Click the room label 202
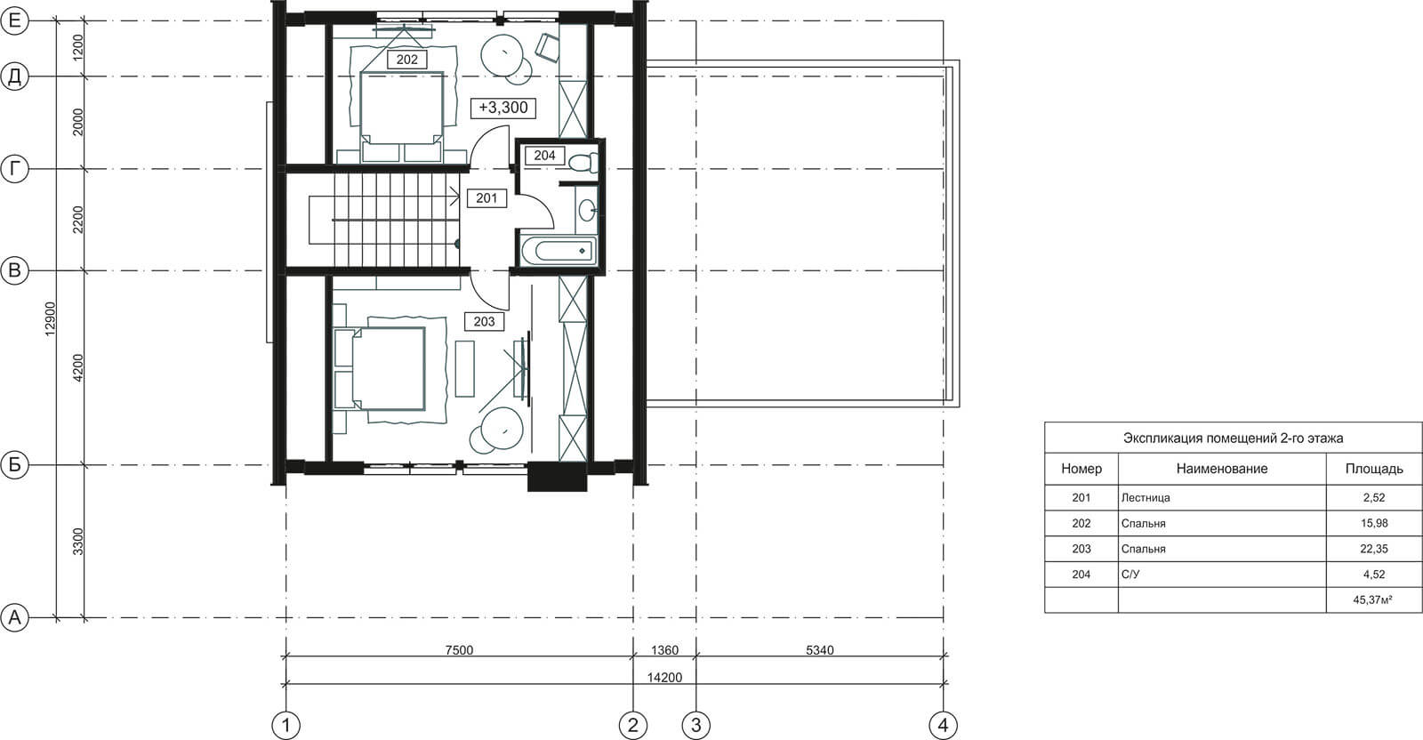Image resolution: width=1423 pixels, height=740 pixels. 406,60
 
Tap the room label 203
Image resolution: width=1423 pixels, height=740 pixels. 484,321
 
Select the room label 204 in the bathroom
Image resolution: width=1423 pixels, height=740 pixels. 544,155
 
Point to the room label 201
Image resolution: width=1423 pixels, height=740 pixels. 486,198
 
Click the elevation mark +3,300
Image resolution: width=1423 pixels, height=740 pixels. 503,108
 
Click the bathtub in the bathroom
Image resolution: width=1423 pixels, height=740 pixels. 559,251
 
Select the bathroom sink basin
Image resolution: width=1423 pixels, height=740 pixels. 588,210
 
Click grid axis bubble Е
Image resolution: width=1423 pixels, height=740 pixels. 14,20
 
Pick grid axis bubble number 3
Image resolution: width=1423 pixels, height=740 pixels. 695,725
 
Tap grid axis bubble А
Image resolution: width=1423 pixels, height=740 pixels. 14,617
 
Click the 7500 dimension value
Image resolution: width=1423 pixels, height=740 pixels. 459,650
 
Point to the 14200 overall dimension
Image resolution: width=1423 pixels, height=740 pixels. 664,678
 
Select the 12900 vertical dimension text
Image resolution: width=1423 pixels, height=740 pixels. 50,319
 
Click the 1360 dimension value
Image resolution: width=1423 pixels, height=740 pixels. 664,650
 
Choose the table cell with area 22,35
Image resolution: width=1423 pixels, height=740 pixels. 1373,549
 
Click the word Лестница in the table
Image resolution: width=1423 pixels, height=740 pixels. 1146,498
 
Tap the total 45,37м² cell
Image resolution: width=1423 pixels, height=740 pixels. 1373,599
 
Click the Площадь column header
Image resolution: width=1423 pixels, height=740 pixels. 1373,469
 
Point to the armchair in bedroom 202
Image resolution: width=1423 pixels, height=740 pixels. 548,47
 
